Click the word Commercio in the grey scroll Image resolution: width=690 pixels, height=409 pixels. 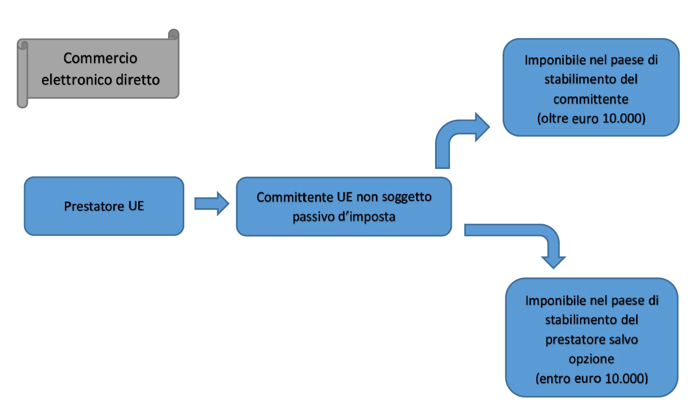(100, 58)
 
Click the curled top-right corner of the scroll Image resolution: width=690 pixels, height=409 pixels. (173, 35)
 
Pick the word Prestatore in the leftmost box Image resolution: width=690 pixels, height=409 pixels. (93, 206)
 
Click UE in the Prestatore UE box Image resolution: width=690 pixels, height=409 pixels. (136, 206)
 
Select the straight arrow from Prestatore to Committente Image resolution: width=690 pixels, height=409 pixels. (212, 203)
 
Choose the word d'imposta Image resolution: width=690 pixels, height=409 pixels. (365, 217)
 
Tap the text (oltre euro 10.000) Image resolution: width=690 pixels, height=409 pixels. (591, 118)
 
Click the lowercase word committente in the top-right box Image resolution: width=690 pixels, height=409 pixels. (591, 99)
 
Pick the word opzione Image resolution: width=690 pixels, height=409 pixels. (591, 359)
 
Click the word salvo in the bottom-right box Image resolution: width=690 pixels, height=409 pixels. (623, 339)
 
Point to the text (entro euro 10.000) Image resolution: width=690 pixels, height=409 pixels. (591, 378)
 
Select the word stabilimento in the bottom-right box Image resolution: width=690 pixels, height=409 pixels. (578, 320)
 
